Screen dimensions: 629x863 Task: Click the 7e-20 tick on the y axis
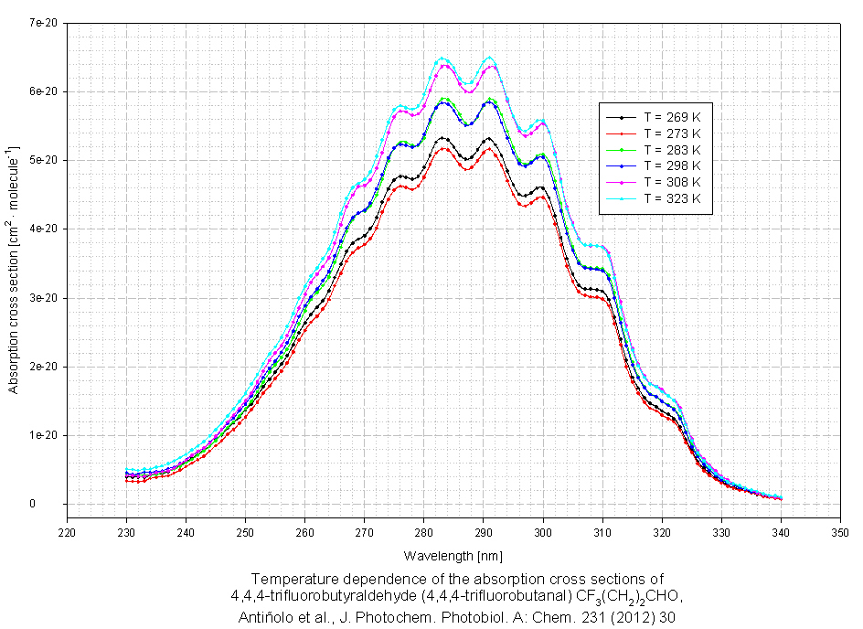(45, 23)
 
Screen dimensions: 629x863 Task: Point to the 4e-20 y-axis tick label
(45, 229)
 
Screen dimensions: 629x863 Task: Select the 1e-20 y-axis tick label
(45, 435)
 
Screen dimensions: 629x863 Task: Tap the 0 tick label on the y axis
(57, 504)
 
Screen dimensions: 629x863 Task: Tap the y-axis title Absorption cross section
(14, 265)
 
